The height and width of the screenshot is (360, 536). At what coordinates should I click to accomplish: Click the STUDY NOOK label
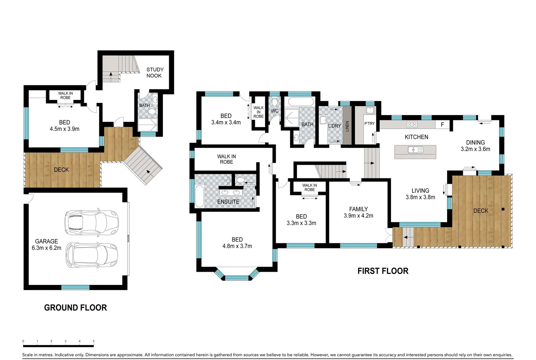point(155,73)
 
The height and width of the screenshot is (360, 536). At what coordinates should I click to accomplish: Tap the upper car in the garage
point(91,223)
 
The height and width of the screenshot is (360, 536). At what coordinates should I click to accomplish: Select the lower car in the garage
point(92,255)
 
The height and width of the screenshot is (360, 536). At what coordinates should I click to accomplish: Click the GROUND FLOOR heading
point(75,308)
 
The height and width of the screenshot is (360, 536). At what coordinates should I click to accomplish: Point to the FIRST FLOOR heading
point(383,271)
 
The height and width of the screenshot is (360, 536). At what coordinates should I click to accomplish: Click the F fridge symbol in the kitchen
point(442,124)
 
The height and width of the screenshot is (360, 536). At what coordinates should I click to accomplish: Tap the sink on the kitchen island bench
point(415,150)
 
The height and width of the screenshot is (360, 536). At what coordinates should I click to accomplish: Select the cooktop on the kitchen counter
point(412,124)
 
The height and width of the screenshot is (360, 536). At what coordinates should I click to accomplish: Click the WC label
point(274,111)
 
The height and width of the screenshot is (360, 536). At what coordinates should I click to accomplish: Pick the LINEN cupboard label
point(347,126)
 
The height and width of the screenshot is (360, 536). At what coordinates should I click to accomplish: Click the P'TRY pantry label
point(369,124)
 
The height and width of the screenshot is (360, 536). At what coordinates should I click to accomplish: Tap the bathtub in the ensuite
point(199,196)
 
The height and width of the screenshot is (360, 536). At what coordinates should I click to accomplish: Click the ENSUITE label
point(228,202)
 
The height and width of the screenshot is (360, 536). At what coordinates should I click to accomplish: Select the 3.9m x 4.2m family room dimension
point(358,216)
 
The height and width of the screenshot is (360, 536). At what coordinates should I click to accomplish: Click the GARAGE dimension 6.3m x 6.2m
point(46,248)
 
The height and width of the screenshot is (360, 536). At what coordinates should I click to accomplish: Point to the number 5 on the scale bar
point(94,341)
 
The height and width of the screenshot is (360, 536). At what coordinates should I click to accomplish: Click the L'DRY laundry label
point(334,126)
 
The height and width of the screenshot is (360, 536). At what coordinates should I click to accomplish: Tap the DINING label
point(475,142)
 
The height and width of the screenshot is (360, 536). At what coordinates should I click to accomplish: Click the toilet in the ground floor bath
point(152,112)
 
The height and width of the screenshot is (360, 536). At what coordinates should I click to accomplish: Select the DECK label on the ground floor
point(61,170)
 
